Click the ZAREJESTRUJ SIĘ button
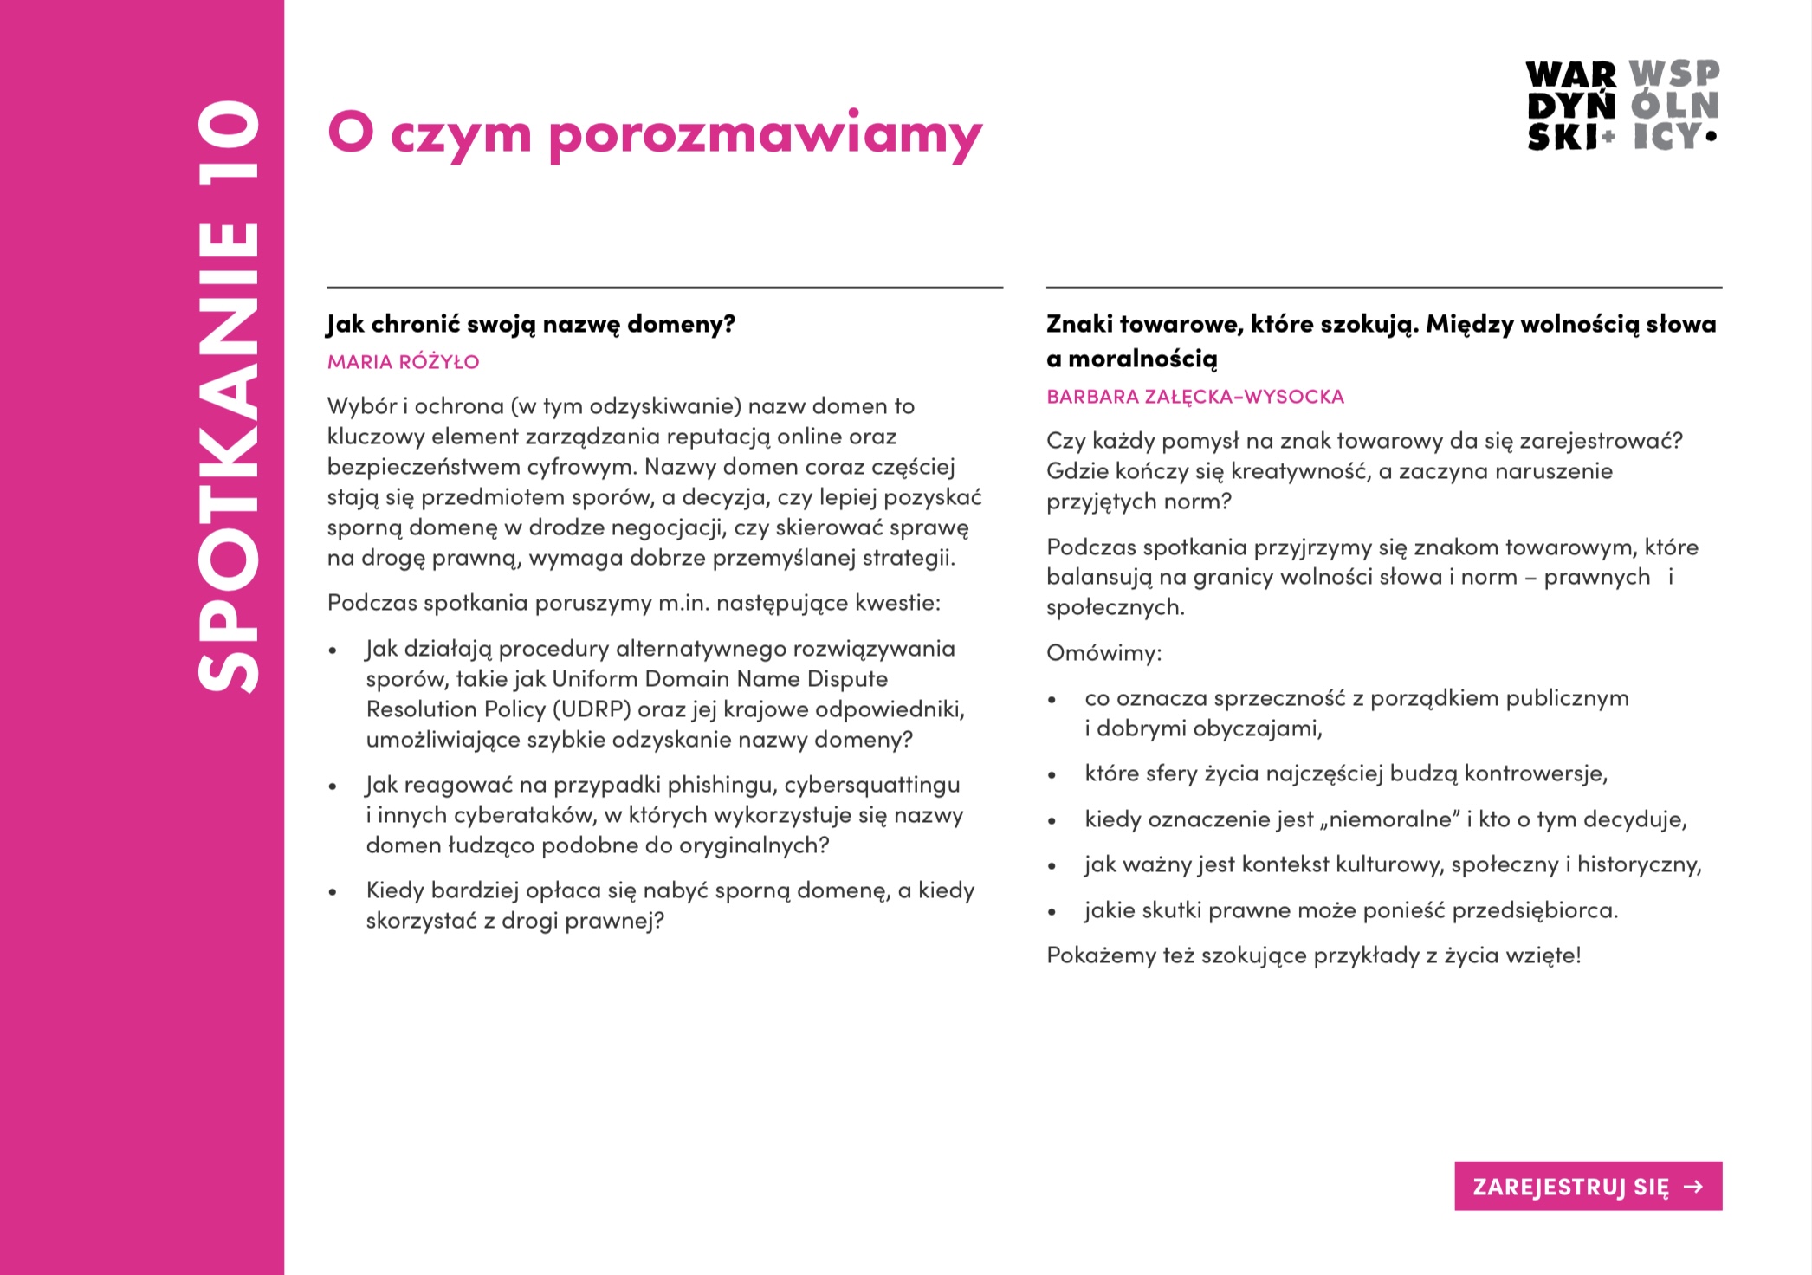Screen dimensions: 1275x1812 click(x=1587, y=1186)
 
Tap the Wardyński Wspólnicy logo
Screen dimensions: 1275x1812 click(x=1622, y=106)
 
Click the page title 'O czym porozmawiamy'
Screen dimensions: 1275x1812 click(x=655, y=134)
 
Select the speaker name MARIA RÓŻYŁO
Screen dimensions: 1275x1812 click(x=403, y=362)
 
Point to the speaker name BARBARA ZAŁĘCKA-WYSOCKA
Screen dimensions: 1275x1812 click(x=1195, y=397)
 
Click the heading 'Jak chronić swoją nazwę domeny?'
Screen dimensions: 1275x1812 click(x=531, y=325)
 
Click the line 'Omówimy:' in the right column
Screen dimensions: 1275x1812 click(x=1103, y=653)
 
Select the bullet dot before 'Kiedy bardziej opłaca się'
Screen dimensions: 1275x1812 click(x=333, y=892)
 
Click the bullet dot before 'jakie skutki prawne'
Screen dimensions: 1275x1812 click(x=1052, y=912)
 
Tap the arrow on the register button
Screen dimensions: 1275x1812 click(x=1692, y=1186)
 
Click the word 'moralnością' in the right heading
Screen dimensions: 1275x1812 click(x=1142, y=359)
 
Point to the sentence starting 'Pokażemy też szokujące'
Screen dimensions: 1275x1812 click(x=1313, y=955)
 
